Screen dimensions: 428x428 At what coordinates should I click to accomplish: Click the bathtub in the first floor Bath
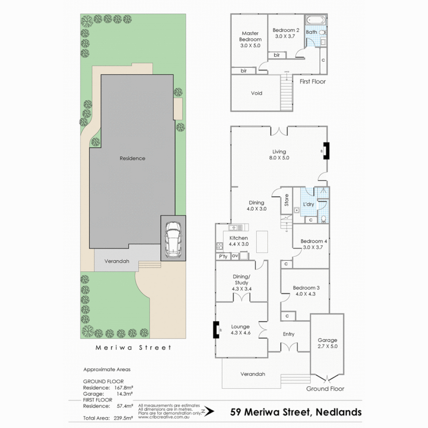316,20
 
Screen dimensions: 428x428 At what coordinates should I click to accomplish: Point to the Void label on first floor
256,93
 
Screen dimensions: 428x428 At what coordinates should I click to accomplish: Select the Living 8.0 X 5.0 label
279,155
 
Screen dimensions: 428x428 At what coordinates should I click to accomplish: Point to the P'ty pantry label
223,256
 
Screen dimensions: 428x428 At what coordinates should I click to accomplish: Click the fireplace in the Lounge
216,329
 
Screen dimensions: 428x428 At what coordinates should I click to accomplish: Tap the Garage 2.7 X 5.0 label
327,343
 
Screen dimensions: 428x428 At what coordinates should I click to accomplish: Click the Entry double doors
289,348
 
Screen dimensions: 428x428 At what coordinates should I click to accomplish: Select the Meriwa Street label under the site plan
134,348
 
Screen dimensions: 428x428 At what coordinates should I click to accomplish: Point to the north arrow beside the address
208,412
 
